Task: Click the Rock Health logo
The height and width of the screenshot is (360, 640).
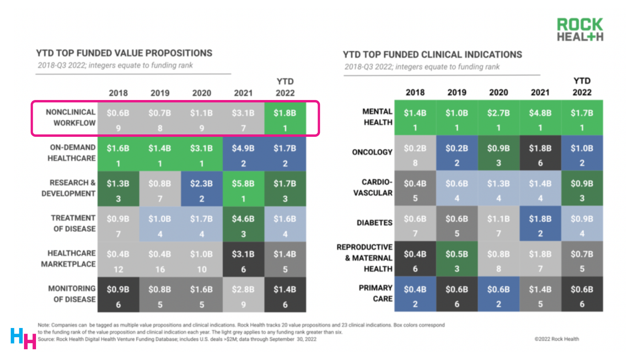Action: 580,30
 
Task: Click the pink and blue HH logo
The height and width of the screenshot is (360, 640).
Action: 23,338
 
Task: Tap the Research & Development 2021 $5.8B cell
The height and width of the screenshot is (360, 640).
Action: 243,189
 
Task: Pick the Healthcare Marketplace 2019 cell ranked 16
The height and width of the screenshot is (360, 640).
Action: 160,260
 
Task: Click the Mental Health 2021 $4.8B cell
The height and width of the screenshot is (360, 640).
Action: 540,118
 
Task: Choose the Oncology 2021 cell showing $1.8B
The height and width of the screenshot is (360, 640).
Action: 540,153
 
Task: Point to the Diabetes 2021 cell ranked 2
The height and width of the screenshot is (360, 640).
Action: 540,224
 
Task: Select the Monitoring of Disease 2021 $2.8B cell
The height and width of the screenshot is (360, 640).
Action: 243,295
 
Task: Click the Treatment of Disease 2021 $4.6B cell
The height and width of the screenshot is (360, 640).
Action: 243,224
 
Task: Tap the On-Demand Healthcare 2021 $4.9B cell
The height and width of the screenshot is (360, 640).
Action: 243,154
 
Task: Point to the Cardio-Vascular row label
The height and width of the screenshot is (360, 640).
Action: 372,187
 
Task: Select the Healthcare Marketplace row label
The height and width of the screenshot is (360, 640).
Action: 68,258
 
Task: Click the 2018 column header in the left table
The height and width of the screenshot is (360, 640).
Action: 118,93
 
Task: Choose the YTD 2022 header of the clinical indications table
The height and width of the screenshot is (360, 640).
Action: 582,87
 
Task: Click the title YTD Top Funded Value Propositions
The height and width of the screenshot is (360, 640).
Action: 124,53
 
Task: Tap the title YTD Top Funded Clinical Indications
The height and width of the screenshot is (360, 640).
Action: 432,55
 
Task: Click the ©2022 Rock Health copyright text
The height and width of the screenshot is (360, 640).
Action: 556,339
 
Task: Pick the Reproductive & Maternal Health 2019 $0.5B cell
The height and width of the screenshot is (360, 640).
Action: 457,259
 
